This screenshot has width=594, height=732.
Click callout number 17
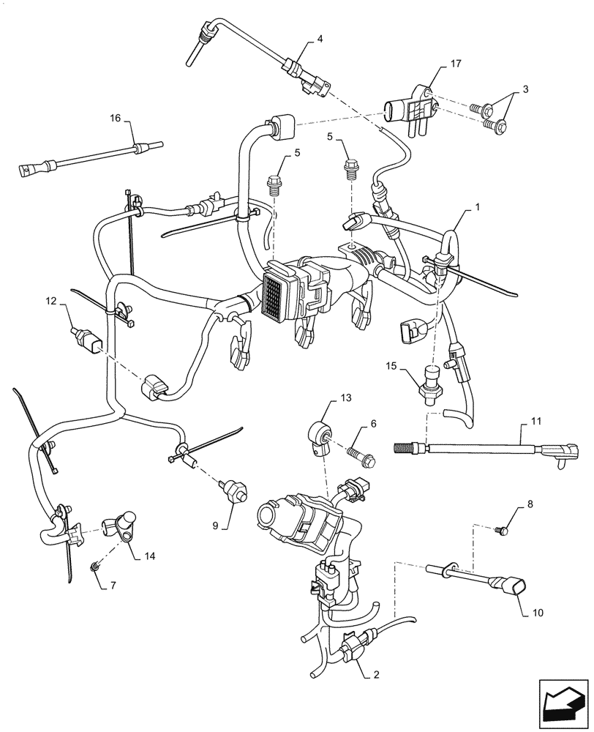point(456,64)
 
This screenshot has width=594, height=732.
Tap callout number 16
point(116,118)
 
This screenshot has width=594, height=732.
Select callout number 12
point(50,300)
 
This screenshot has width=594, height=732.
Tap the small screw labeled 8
point(502,529)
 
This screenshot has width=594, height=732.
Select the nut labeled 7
point(96,567)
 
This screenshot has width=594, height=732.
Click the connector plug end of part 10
point(510,586)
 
